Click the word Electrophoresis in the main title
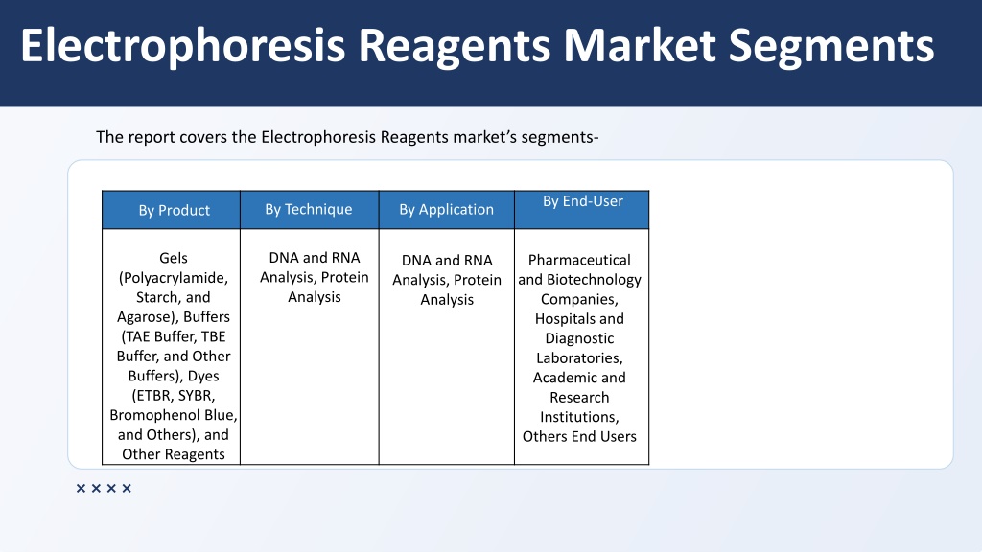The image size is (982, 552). coord(183,46)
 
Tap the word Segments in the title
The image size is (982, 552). coord(831,46)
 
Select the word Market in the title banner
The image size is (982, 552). coord(640,46)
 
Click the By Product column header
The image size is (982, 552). coord(175,210)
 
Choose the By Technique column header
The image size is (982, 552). coord(309,209)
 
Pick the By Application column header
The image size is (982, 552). coord(447,209)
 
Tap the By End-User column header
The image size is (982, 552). coord(582,201)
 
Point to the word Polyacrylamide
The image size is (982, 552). coord(174,277)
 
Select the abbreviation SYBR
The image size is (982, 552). coord(197,396)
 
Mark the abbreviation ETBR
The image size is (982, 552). coord(152,396)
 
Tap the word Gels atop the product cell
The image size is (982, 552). coord(174,258)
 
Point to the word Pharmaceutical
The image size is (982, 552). coord(579,260)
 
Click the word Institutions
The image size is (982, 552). coord(579,417)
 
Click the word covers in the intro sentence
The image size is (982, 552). coord(203,137)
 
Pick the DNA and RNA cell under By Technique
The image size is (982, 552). coord(315,277)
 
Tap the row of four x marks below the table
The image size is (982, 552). coord(104,488)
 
